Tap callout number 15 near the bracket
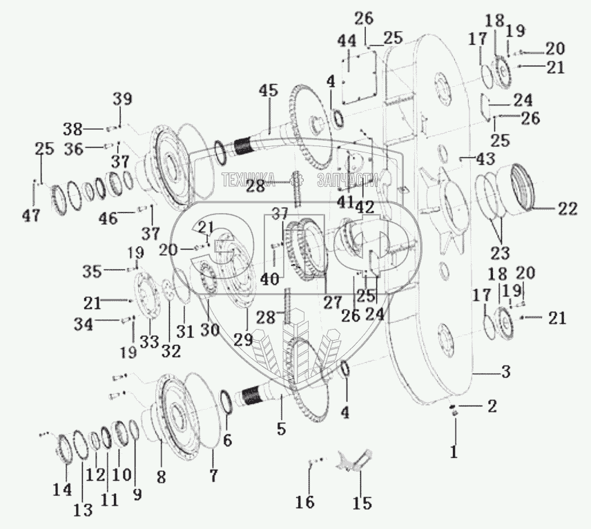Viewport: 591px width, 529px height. [361, 502]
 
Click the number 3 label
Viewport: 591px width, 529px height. [505, 372]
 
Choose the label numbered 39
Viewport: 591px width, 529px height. [122, 99]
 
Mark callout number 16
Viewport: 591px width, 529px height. [306, 502]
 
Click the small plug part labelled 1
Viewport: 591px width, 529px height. [454, 412]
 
